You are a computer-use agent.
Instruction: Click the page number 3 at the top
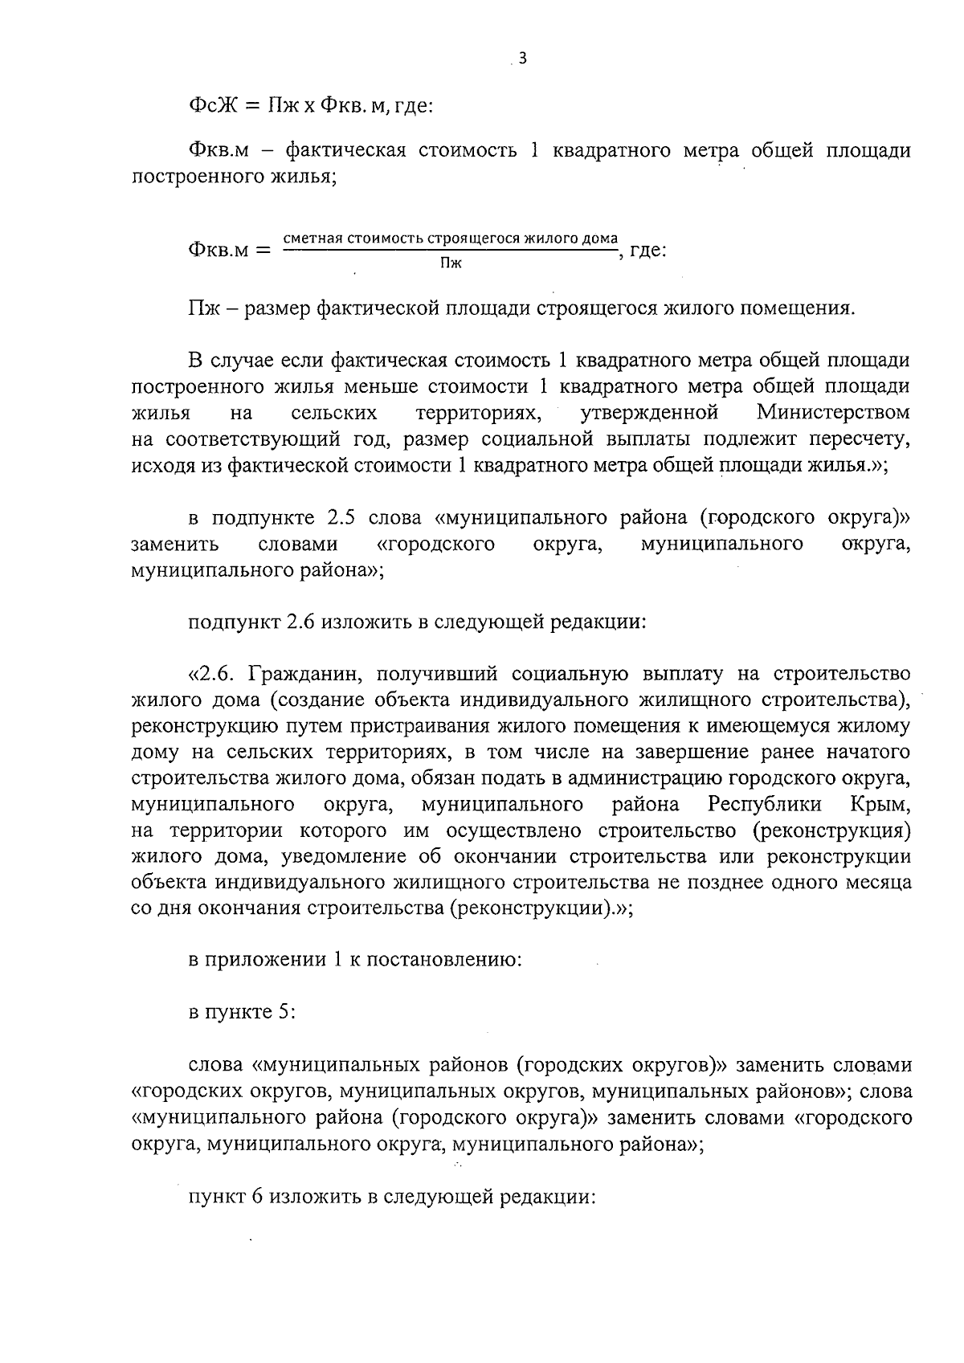[523, 58]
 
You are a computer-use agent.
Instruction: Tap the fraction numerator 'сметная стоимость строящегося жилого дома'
[451, 239]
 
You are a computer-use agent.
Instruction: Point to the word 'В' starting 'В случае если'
[195, 361]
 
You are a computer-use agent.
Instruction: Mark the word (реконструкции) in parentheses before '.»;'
[528, 908]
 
